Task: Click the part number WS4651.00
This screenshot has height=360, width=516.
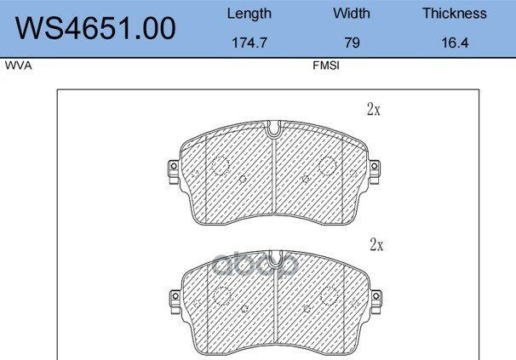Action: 95,28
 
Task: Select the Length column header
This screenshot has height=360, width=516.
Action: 249,14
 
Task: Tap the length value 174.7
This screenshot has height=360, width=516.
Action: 249,43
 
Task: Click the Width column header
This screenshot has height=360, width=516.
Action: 352,14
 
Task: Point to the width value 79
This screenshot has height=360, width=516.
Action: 352,43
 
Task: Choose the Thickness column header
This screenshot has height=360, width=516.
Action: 455,14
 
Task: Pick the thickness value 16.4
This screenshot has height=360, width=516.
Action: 455,43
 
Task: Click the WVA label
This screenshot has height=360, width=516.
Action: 19,66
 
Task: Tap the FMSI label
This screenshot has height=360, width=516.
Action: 326,66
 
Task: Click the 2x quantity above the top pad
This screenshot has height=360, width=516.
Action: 374,109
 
